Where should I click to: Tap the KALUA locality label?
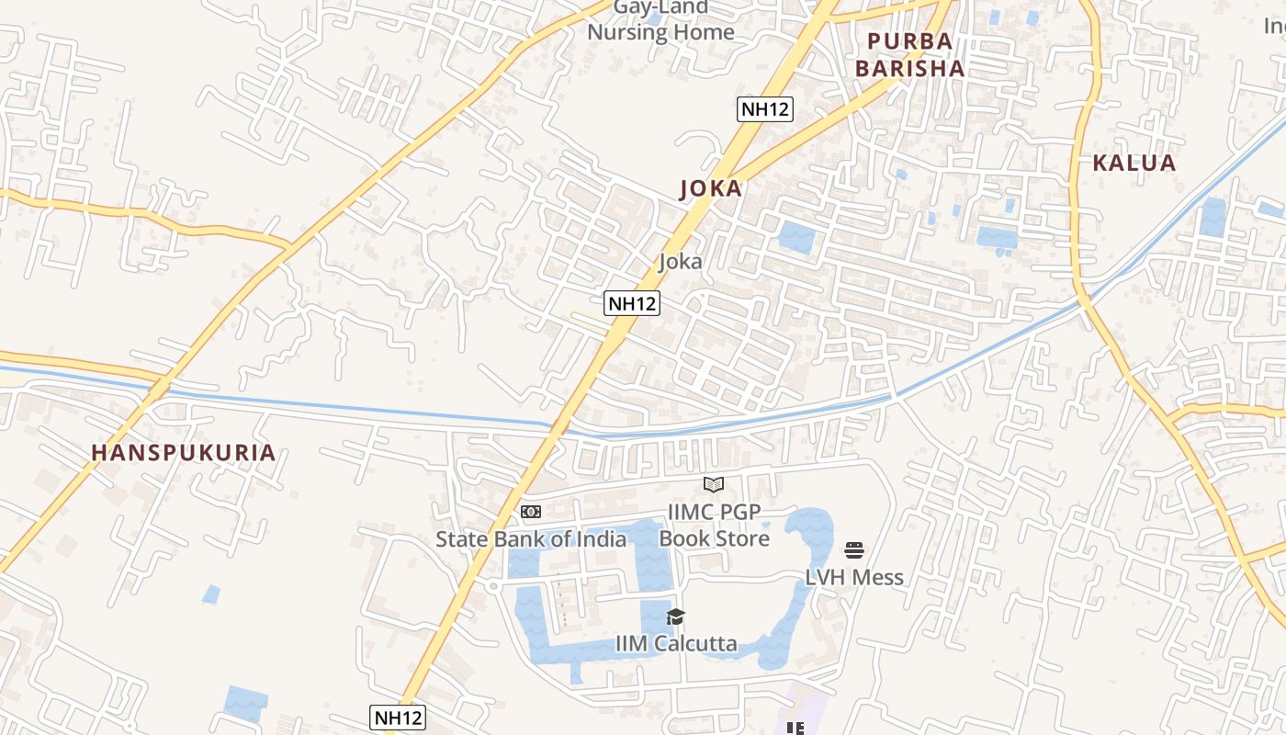pyautogui.click(x=1134, y=164)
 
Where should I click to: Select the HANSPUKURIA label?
pyautogui.click(x=184, y=453)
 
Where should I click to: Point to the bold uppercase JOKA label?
pyautogui.click(x=710, y=189)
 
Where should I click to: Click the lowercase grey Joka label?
pyautogui.click(x=681, y=262)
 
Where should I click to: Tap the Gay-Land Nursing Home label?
pyautogui.click(x=661, y=20)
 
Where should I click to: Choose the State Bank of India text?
pyautogui.click(x=531, y=539)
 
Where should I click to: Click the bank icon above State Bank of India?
pyautogui.click(x=531, y=512)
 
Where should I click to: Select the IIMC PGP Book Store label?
pyautogui.click(x=715, y=526)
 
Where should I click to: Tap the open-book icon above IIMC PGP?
pyautogui.click(x=714, y=484)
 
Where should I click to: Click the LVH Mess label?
pyautogui.click(x=854, y=578)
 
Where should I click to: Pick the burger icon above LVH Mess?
pyautogui.click(x=854, y=550)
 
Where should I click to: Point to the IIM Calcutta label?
pyautogui.click(x=676, y=643)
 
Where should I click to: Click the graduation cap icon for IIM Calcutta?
pyautogui.click(x=675, y=616)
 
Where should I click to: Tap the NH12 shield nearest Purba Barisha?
pyautogui.click(x=765, y=109)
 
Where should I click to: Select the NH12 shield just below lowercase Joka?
pyautogui.click(x=632, y=302)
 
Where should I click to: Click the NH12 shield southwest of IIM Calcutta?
pyautogui.click(x=398, y=717)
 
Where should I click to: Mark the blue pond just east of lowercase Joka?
pyautogui.click(x=796, y=237)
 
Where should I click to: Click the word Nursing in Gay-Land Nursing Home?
pyautogui.click(x=629, y=32)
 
